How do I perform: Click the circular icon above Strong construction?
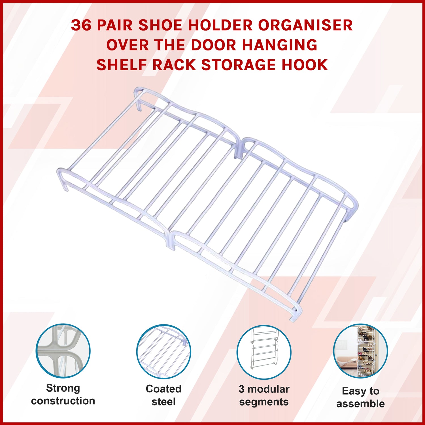[63, 351]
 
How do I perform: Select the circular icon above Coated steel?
[163, 352]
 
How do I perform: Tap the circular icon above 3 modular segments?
[264, 352]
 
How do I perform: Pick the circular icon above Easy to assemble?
[360, 351]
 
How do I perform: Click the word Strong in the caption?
[63, 388]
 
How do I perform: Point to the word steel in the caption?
[163, 401]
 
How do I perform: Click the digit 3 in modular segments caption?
[241, 389]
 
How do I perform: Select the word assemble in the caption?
[360, 403]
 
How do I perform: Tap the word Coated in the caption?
[163, 389]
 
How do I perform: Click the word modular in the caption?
[268, 389]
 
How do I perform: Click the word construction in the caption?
[63, 401]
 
